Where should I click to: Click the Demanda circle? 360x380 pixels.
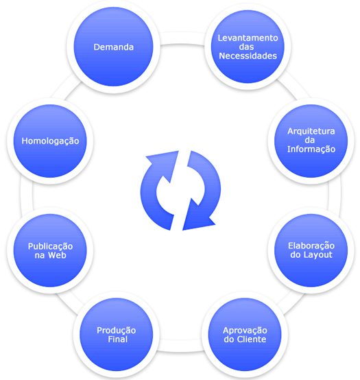pyautogui.click(x=113, y=47)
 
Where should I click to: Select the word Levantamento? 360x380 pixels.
pyautogui.click(x=248, y=38)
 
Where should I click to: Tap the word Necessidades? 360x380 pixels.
pyautogui.click(x=248, y=56)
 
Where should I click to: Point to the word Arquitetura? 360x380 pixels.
pyautogui.click(x=311, y=131)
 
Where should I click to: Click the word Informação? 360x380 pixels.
pyautogui.click(x=311, y=149)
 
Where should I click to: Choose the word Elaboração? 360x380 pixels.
pyautogui.click(x=311, y=246)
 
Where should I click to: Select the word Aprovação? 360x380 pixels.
pyautogui.click(x=245, y=331)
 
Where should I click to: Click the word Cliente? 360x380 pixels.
pyautogui.click(x=252, y=340)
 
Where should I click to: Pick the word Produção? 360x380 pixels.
pyautogui.click(x=117, y=331)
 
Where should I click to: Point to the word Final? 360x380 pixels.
pyautogui.click(x=118, y=340)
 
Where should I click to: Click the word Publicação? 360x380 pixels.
pyautogui.click(x=50, y=246)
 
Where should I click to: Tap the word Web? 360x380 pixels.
pyautogui.click(x=57, y=255)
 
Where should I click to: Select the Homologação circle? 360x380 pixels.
pyautogui.click(x=50, y=141)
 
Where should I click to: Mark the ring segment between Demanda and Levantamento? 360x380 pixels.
pyautogui.click(x=182, y=38)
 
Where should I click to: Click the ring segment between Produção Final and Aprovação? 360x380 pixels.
pyautogui.click(x=180, y=346)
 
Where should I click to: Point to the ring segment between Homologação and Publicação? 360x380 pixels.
pyautogui.click(x=27, y=195)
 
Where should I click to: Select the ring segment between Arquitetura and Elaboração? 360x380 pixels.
pyautogui.click(x=335, y=195)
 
